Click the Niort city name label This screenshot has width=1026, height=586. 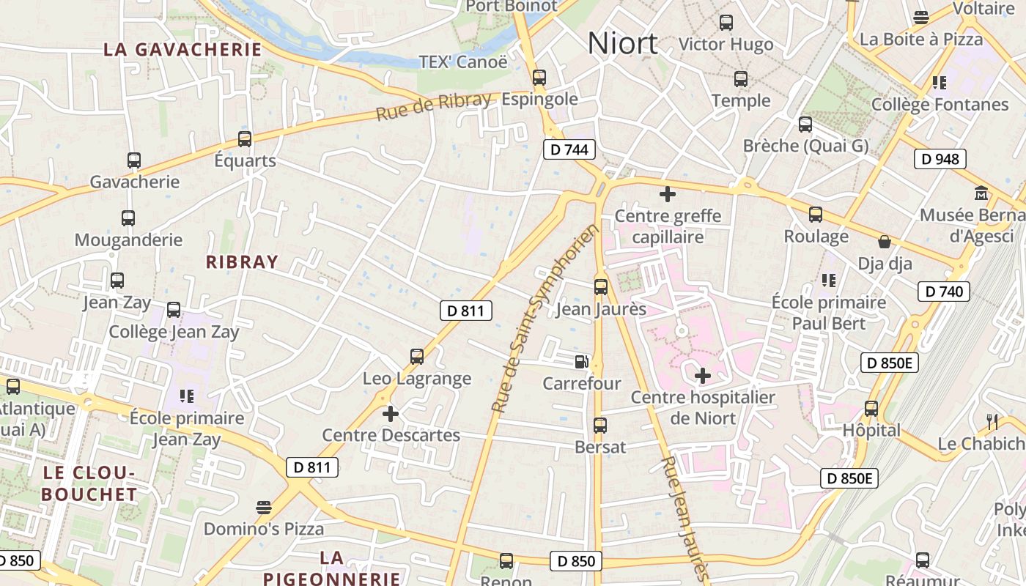coord(622,44)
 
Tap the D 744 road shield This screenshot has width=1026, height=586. coord(569,150)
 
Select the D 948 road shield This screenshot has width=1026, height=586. coord(940,159)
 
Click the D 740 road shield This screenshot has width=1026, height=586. coord(944,292)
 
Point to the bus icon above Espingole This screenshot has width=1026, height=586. coord(539,77)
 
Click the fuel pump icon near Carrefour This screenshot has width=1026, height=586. coord(581,361)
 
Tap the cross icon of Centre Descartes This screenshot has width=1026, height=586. coord(391,414)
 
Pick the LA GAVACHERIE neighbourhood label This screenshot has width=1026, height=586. coord(182,50)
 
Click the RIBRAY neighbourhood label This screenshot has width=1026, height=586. coord(242,262)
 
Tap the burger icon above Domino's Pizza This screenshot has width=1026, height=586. coord(263,507)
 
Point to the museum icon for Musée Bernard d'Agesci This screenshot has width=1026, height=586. coord(981,193)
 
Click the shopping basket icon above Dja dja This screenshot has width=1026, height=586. coord(885,242)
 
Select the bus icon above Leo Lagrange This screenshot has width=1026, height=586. coord(417,357)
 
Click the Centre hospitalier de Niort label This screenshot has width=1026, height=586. coord(702,407)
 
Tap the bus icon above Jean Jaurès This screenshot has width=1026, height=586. coord(601,287)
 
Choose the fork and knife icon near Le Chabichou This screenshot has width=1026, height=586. coord(992,421)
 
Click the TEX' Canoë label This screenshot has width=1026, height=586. coord(462,62)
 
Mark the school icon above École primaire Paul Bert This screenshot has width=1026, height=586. coord(829,280)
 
